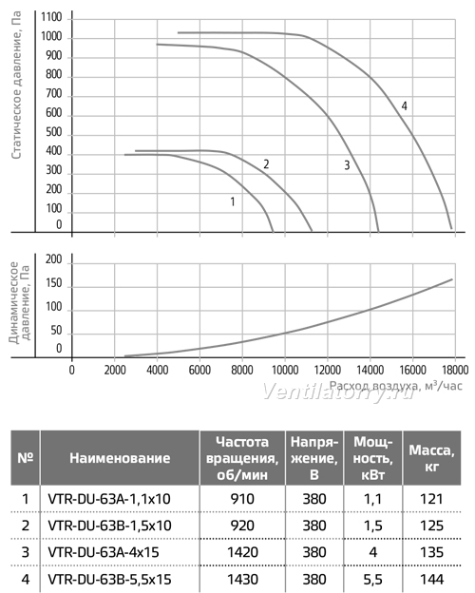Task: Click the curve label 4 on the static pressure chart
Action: coord(405,106)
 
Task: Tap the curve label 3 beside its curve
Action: coord(347,165)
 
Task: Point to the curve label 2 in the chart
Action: coord(266,164)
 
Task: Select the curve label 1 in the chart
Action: coord(233,202)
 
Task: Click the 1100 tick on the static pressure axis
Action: coord(51,17)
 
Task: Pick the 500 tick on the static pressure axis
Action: coord(54,132)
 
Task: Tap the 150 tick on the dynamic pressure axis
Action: coord(54,283)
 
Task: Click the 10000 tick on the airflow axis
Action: coord(285,370)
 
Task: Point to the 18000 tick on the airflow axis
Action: coord(455,370)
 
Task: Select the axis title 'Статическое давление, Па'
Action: coord(17,86)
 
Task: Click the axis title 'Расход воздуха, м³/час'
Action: coord(396,386)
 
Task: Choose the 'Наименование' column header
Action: coord(120,458)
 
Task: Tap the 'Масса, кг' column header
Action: coord(431,458)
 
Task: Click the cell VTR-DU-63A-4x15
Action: coord(104,552)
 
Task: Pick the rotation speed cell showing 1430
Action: coord(242,580)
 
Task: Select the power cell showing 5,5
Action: coord(373,580)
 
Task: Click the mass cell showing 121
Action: coord(431,499)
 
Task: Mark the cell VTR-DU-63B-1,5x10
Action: coord(109,526)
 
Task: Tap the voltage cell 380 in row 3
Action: coord(314,552)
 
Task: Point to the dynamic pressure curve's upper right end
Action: coord(452,279)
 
